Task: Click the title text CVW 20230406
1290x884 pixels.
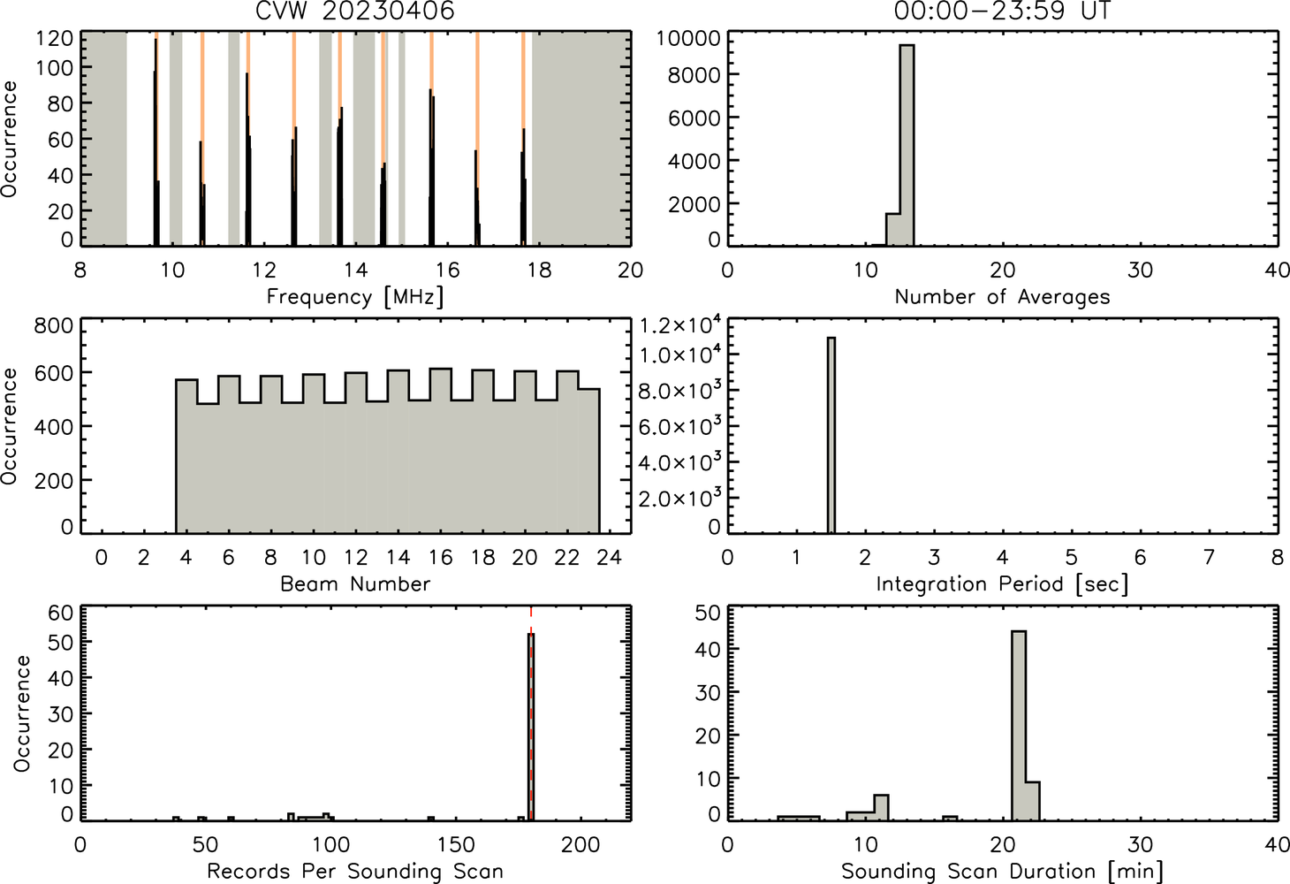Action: pos(355,11)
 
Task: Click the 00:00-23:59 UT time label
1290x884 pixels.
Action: pos(1002,11)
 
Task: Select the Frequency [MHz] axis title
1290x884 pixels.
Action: pos(355,297)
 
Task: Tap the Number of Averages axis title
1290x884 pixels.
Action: pos(1002,296)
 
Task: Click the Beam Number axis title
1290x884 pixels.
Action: pos(355,583)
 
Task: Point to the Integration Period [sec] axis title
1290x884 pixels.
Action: pos(1002,584)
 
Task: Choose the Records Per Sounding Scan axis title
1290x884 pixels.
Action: pos(355,871)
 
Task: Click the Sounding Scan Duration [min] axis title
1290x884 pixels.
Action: pos(1002,871)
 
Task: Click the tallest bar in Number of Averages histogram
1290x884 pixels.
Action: pos(907,145)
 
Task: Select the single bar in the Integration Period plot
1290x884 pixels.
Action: pos(831,436)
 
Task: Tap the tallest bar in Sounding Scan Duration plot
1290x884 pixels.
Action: pos(1019,726)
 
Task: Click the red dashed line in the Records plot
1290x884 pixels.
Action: pos(531,713)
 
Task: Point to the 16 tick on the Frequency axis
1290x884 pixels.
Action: pos(447,270)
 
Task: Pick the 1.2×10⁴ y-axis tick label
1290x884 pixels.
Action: pos(680,325)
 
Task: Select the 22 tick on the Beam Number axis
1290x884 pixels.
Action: pos(567,557)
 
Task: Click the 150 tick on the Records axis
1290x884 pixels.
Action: pos(456,844)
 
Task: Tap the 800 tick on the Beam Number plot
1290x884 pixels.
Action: pos(54,326)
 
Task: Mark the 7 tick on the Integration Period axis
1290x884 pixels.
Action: pos(1209,557)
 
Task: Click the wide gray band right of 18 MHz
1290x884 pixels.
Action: pos(581,138)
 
